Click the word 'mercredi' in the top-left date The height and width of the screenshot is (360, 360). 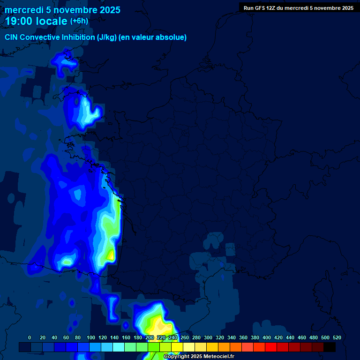[x=22, y=10]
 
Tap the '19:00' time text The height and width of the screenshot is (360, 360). [x=19, y=21]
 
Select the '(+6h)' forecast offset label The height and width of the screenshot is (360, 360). [x=79, y=21]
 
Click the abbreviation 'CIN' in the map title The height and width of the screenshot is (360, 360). [x=12, y=37]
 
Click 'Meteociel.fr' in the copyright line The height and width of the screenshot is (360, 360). [x=218, y=357]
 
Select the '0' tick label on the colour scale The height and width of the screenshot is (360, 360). [x=30, y=337]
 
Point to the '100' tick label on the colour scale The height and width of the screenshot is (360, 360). [x=91, y=337]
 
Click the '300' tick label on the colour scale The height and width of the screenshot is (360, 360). [x=208, y=337]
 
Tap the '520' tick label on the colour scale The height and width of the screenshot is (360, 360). [x=337, y=337]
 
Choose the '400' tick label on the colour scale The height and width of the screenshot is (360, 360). [x=267, y=337]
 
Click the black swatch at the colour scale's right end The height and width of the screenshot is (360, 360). [x=330, y=347]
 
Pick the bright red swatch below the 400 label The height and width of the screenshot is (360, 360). [x=271, y=347]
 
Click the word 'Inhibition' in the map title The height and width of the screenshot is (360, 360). [x=78, y=37]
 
